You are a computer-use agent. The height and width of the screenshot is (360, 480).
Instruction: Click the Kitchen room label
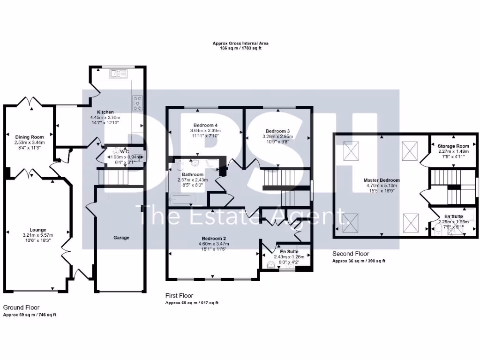point(105,112)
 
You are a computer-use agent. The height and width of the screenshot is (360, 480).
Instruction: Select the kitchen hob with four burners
point(138,103)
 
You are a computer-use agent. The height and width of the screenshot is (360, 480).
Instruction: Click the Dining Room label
point(29,137)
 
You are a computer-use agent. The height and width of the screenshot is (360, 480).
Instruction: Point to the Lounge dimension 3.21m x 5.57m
point(38,235)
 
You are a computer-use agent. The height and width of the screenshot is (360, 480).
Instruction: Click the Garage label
point(121,238)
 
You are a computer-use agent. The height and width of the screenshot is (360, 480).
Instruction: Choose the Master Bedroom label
point(382,180)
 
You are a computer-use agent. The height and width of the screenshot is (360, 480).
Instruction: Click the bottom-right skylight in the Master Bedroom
point(411,220)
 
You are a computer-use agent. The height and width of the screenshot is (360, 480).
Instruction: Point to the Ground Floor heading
point(20,307)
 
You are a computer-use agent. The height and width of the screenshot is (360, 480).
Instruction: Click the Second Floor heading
point(351,254)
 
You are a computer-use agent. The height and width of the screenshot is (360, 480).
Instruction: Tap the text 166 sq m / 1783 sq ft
point(240,48)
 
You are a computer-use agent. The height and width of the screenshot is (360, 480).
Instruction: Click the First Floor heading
point(179,296)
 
